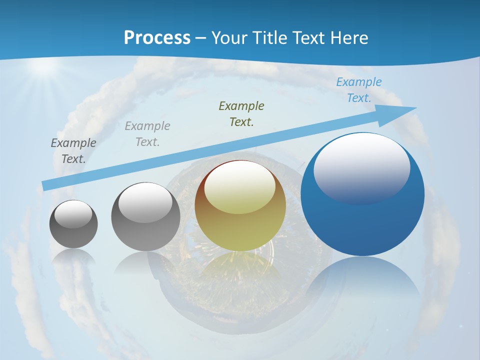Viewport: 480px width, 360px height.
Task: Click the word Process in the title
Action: (157, 37)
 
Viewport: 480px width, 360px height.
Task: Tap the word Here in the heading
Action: (348, 37)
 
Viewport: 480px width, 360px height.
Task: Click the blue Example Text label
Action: (358, 90)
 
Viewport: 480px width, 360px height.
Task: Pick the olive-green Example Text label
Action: (241, 113)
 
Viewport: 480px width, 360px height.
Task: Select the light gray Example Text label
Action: (147, 133)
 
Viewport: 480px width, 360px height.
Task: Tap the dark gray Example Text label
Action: (73, 150)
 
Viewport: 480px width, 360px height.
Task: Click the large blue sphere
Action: (362, 220)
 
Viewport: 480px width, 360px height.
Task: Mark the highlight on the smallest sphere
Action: (73, 214)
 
